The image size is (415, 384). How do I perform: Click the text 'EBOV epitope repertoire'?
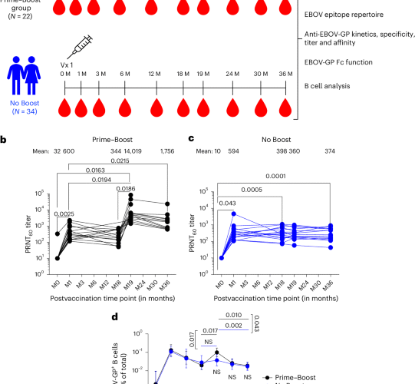click(349, 13)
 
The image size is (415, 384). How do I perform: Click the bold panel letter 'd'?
click(114, 316)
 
